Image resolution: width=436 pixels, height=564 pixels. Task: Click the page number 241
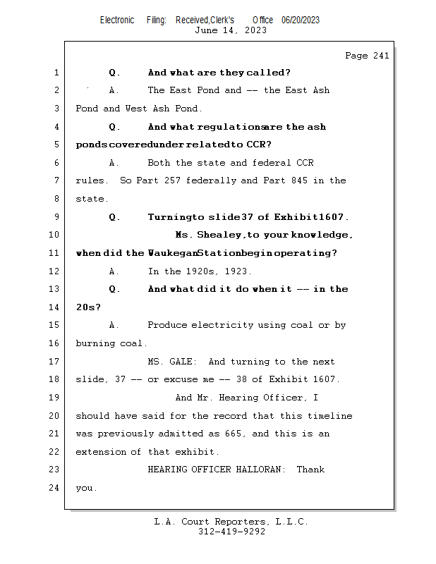pyautogui.click(x=380, y=56)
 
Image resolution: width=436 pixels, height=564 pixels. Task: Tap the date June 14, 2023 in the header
pyautogui.click(x=231, y=30)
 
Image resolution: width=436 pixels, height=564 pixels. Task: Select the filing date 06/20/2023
pyautogui.click(x=300, y=20)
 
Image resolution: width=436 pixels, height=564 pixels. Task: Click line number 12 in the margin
pyautogui.click(x=56, y=271)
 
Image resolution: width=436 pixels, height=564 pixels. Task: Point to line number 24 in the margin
pyautogui.click(x=56, y=487)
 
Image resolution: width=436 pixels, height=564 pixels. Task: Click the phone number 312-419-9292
pyautogui.click(x=231, y=532)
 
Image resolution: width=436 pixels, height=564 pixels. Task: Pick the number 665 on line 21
pyautogui.click(x=233, y=434)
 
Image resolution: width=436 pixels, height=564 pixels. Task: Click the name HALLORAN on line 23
pyautogui.click(x=258, y=470)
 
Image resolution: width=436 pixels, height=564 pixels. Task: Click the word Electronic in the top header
pyautogui.click(x=117, y=20)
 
